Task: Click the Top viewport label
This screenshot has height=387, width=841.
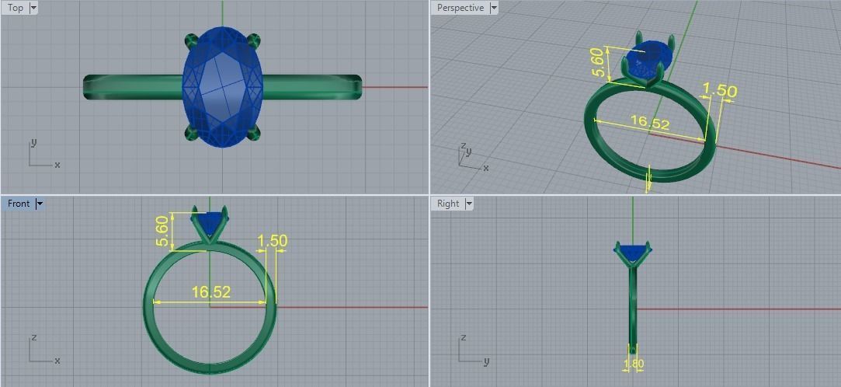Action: [16, 8]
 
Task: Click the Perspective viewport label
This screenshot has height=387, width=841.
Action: [460, 8]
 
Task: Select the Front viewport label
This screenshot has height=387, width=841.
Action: [18, 204]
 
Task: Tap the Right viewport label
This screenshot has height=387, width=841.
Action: [448, 204]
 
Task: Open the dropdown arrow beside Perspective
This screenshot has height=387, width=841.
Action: [494, 8]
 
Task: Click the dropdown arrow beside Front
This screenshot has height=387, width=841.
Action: [40, 204]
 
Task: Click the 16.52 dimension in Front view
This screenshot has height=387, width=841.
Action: [211, 292]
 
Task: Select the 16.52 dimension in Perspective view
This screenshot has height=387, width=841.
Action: [650, 122]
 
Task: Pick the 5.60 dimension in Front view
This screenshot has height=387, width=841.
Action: [162, 230]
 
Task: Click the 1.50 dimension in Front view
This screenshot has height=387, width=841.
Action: [272, 241]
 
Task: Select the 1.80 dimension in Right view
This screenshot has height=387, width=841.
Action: [634, 364]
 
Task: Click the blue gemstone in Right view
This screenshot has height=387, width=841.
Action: [633, 252]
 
